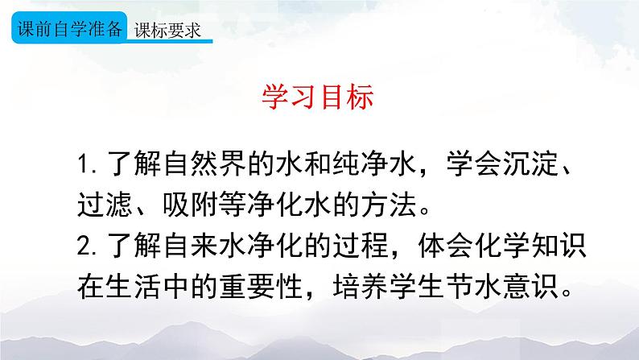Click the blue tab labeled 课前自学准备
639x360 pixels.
[69, 29]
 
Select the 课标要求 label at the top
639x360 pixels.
[167, 30]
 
